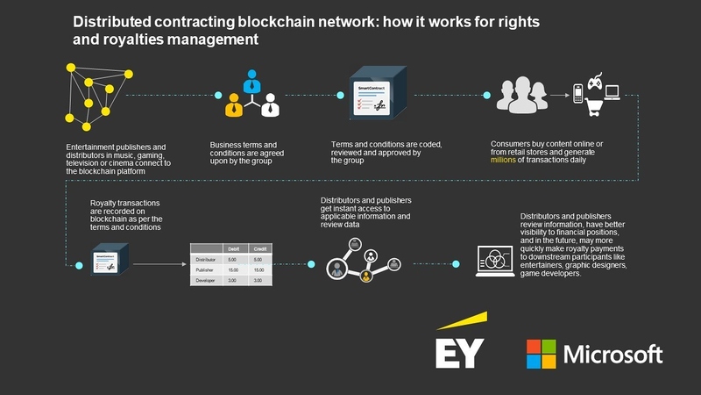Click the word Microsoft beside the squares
coord(613,355)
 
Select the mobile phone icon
coord(578,95)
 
